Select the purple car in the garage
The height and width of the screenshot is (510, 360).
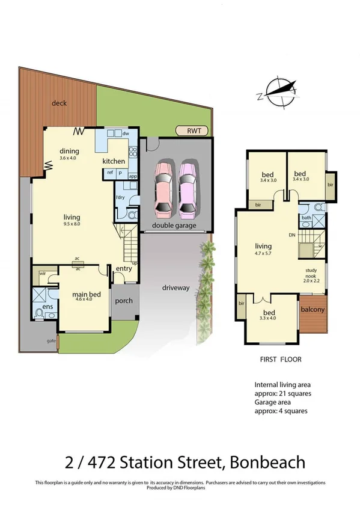(188, 191)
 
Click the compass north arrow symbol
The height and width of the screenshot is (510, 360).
(280, 91)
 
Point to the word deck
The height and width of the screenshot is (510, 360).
(58, 103)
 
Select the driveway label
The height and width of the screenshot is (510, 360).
(175, 287)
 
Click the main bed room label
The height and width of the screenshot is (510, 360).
(85, 295)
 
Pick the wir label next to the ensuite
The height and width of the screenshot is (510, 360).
(43, 273)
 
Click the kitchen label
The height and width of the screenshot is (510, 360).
(114, 161)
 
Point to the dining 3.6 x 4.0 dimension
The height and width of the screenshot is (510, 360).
(70, 158)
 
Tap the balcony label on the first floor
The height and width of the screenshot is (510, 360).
(313, 310)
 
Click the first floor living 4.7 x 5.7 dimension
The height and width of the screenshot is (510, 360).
(263, 254)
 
